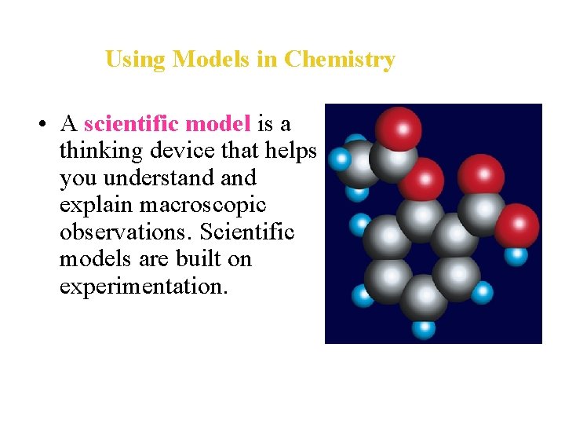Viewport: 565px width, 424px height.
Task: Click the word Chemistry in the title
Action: coord(339,60)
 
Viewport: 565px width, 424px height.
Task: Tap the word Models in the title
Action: coord(212,60)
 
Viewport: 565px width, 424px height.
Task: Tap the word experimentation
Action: coord(144,286)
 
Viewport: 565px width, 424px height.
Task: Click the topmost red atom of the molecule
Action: coord(398,127)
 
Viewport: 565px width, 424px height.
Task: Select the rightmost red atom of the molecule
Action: coord(516,226)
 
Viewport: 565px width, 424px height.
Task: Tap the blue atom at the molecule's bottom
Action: coord(424,327)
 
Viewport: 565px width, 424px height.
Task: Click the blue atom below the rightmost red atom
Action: coord(516,256)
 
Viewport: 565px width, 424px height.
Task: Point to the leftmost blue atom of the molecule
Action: coord(339,160)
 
